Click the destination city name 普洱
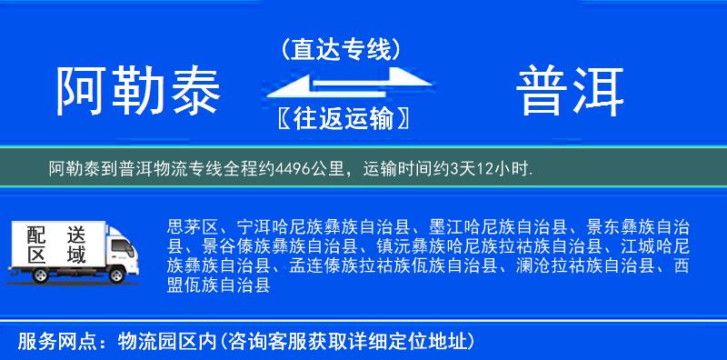click(571, 91)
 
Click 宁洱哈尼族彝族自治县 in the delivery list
click(324, 226)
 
